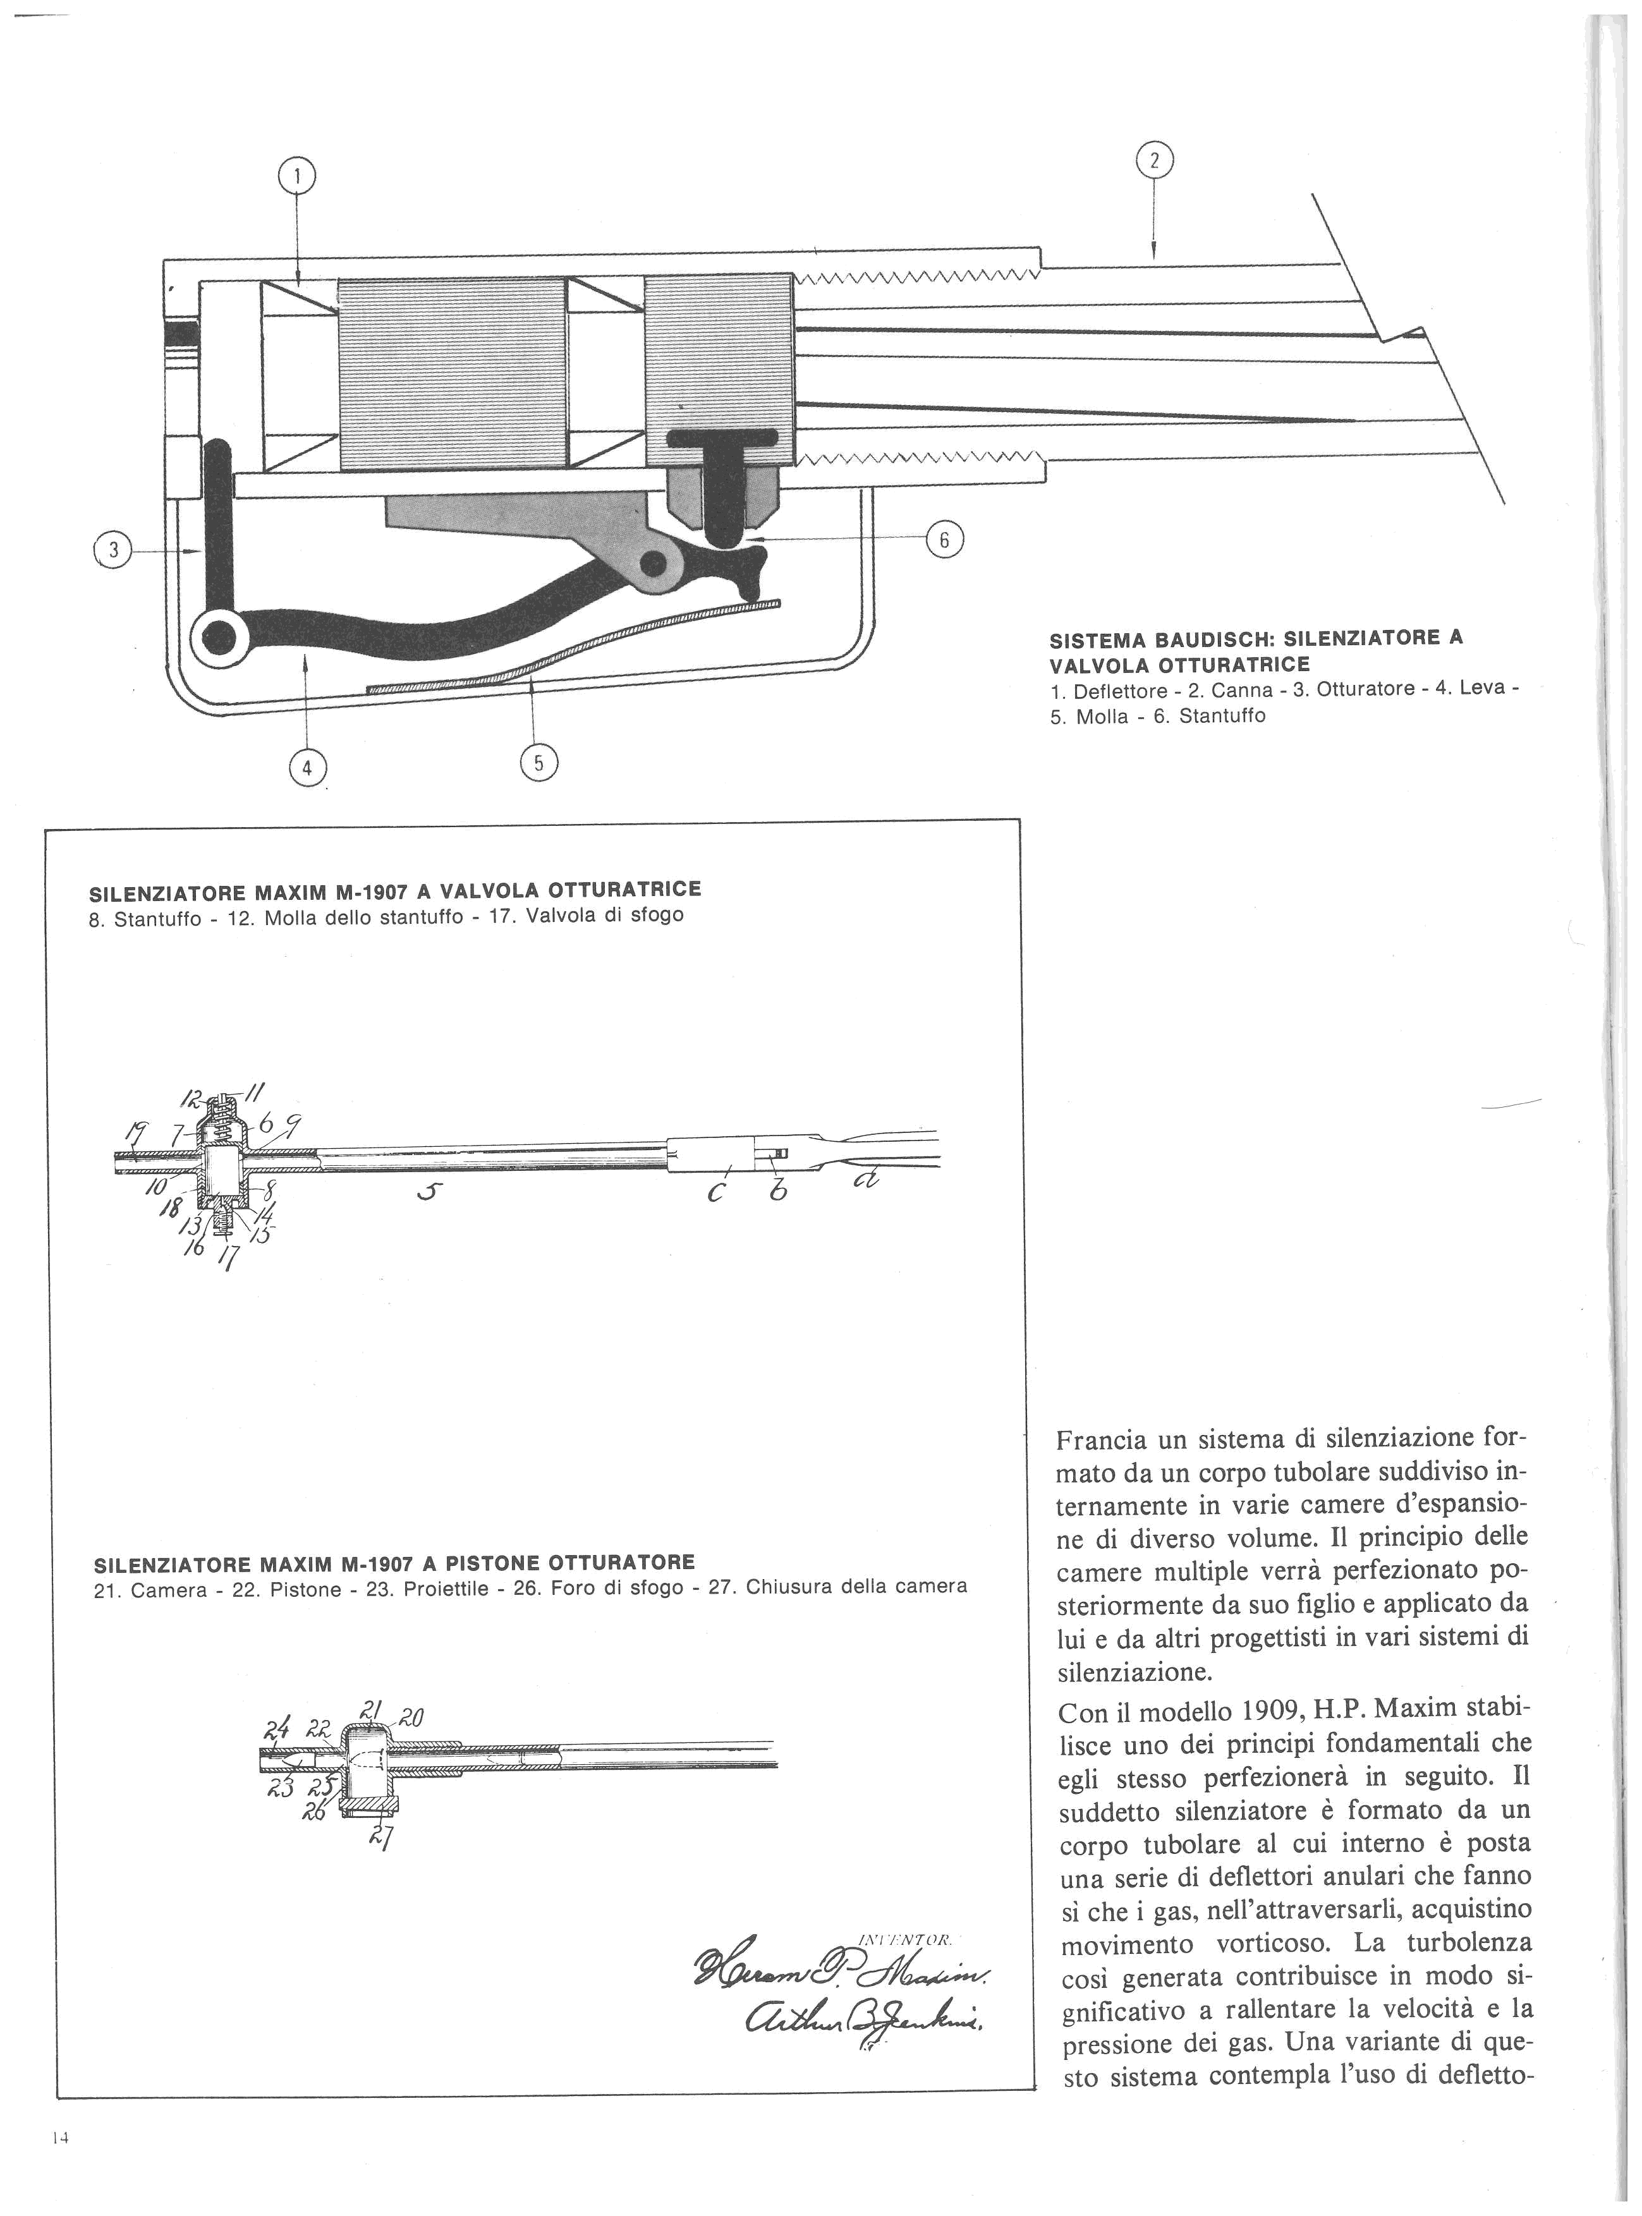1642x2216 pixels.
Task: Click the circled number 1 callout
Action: point(296,177)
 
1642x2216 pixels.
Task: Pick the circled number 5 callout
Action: point(538,762)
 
